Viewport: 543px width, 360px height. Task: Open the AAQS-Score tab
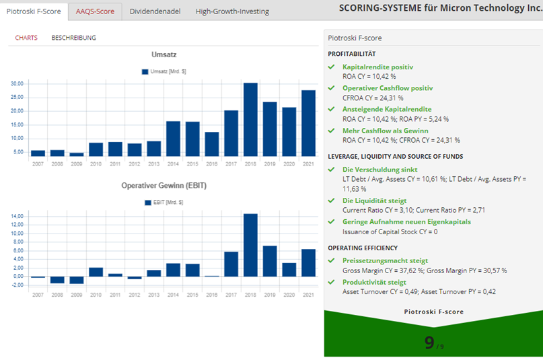point(94,11)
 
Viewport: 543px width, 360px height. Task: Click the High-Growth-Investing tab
point(232,11)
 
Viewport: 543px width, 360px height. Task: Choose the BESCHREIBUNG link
point(73,38)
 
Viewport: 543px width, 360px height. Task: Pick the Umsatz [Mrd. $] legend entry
point(164,71)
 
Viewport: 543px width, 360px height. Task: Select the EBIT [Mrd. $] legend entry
point(164,202)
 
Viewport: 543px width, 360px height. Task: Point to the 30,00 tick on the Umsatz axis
point(17,83)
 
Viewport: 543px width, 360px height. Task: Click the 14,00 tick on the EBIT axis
point(17,216)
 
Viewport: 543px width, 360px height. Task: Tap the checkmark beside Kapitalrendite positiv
point(331,67)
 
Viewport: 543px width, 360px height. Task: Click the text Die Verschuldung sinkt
point(380,170)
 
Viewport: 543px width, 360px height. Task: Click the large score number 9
point(429,343)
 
